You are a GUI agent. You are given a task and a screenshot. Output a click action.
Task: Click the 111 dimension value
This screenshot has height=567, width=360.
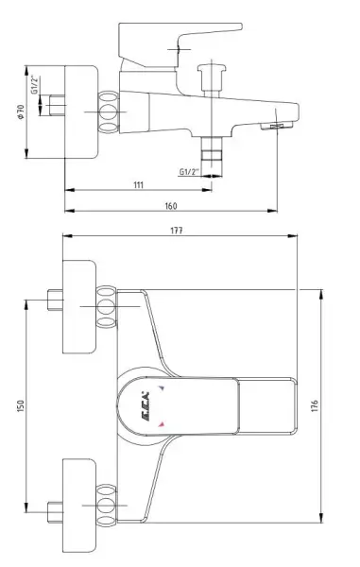[x=138, y=185]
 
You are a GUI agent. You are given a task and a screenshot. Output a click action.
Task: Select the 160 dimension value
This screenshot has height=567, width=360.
[x=171, y=205]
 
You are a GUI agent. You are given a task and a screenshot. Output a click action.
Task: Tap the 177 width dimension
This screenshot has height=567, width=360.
[x=177, y=231]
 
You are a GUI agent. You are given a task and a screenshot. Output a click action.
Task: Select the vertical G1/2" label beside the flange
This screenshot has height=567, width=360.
[x=35, y=85]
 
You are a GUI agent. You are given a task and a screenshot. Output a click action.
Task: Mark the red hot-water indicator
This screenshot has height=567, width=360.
[x=163, y=424]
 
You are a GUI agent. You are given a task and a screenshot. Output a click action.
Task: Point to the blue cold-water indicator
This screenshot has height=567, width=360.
[x=163, y=388]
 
